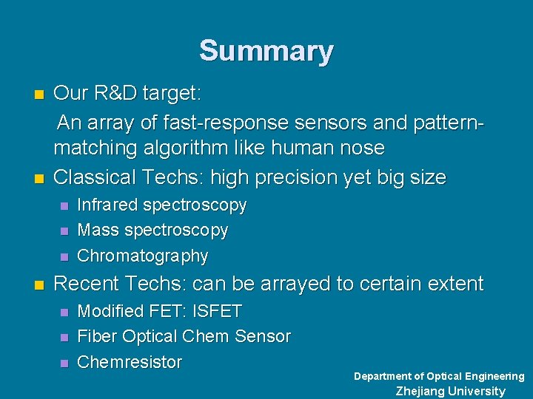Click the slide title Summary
(x=266, y=51)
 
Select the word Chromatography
(x=142, y=256)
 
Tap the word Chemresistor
(x=130, y=362)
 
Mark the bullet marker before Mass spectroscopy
(x=64, y=231)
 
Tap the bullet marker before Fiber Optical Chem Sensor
(x=64, y=338)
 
